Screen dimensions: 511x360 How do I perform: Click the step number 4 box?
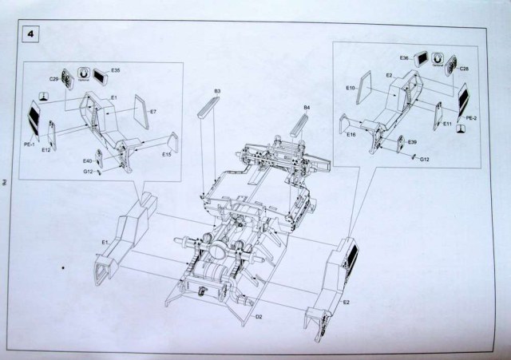(x=31, y=35)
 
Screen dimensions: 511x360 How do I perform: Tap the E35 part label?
(x=116, y=71)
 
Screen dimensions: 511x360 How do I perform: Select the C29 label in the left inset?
(x=53, y=78)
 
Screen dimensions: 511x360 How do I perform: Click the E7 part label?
(x=154, y=112)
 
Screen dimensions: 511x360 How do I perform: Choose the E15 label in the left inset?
(x=167, y=154)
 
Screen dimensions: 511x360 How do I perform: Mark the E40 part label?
(x=87, y=160)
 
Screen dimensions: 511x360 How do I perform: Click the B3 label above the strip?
(x=217, y=92)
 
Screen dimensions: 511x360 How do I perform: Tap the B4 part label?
(x=306, y=107)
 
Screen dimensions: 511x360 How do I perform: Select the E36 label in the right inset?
(x=404, y=58)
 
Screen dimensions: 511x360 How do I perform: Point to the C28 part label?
(x=464, y=69)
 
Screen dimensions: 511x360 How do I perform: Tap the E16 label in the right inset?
(x=351, y=135)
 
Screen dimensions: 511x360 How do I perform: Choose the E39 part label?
(x=413, y=141)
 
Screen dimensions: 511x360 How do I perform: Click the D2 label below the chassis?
(x=259, y=317)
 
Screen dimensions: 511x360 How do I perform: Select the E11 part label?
(x=448, y=125)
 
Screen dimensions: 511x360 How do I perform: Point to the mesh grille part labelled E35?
(x=101, y=77)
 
